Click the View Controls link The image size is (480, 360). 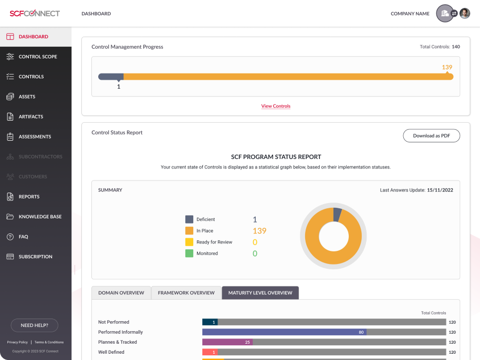tap(276, 106)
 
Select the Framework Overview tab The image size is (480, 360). tap(186, 293)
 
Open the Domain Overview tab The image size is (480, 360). tap(121, 293)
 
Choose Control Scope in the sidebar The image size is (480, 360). tap(37, 57)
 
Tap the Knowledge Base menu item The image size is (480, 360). tap(40, 217)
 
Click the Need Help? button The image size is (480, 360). tap(34, 325)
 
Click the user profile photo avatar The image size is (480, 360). tap(465, 14)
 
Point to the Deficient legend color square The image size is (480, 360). tap(189, 219)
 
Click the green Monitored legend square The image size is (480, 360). tap(189, 253)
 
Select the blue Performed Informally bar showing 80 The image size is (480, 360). tap(284, 332)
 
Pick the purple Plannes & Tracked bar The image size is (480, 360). tap(227, 342)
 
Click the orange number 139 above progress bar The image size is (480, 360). tap(447, 67)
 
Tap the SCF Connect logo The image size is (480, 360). tap(35, 14)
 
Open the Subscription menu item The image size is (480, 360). tap(35, 257)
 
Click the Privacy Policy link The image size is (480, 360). tap(17, 342)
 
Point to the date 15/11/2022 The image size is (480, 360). tap(440, 190)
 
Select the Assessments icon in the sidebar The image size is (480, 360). tap(10, 137)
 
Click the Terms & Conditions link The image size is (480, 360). tap(49, 342)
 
